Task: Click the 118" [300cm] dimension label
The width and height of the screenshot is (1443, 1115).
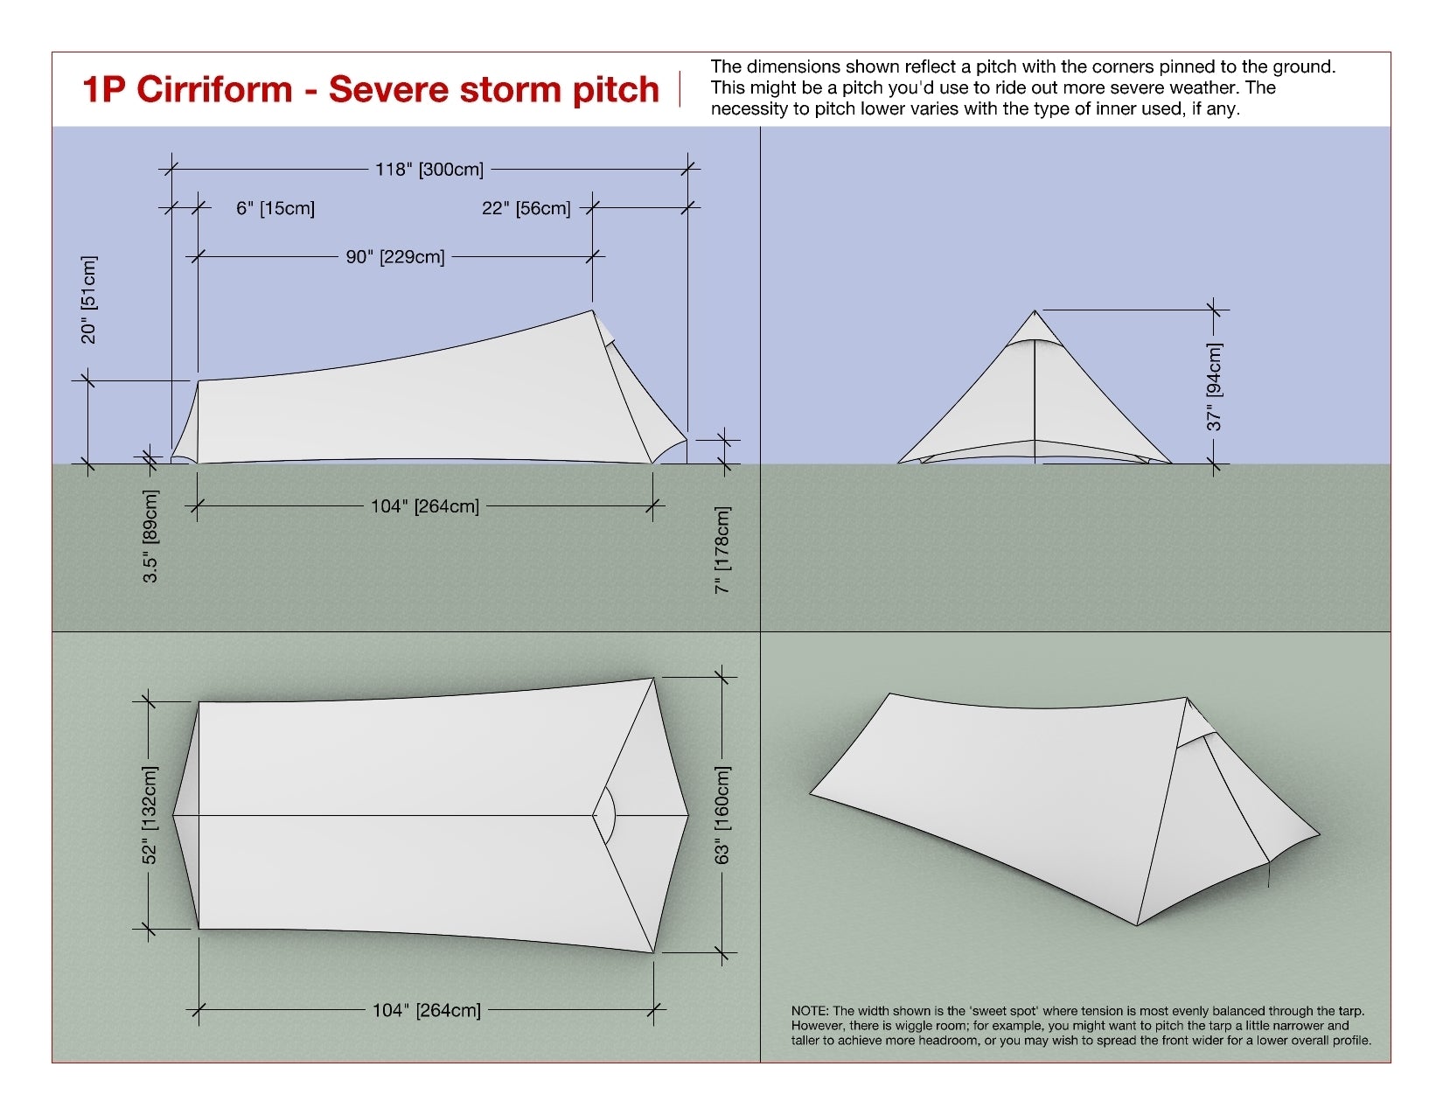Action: (x=429, y=170)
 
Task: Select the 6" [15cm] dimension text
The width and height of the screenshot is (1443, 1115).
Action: (x=275, y=208)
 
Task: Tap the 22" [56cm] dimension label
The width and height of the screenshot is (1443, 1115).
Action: (x=526, y=208)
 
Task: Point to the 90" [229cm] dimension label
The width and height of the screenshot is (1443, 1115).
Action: (x=395, y=257)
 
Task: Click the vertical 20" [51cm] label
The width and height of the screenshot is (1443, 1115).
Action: (x=88, y=299)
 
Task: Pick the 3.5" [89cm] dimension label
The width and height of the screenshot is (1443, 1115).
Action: (x=150, y=537)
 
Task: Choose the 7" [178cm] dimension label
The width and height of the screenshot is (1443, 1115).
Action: (x=722, y=550)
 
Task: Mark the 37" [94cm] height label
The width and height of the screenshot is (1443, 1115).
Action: (x=1214, y=387)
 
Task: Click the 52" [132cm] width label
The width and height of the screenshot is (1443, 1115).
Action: (x=150, y=816)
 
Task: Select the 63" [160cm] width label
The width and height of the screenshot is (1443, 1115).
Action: (x=721, y=816)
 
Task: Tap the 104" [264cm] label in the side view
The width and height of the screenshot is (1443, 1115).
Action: (x=425, y=506)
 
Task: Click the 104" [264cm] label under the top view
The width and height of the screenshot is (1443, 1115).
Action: (x=426, y=1011)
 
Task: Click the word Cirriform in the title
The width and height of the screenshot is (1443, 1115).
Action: (x=214, y=89)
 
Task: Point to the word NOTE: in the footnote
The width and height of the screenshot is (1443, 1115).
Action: (x=810, y=1011)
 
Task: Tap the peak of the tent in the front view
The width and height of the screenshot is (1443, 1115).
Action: (x=1035, y=310)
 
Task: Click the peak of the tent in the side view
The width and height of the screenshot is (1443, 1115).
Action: (x=592, y=310)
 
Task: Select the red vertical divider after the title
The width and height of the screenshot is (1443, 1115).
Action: (x=680, y=89)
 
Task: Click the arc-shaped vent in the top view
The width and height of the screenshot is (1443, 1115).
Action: (x=605, y=816)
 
